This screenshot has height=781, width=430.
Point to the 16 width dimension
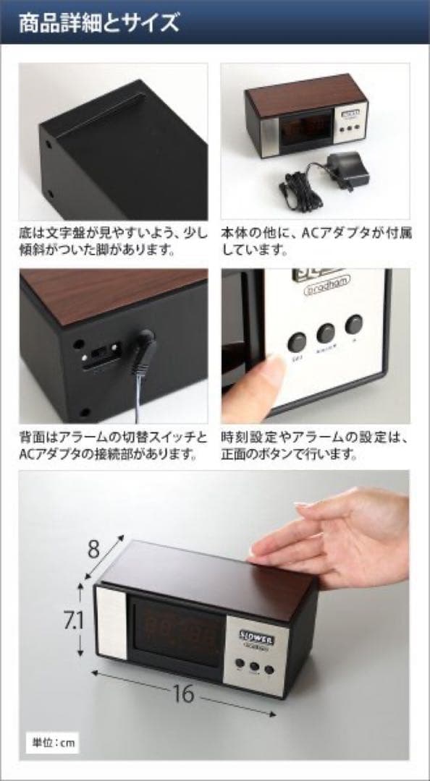(x=184, y=694)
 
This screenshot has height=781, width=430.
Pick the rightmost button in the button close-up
(x=355, y=324)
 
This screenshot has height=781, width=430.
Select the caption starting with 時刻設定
(x=316, y=447)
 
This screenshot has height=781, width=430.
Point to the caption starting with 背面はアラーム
(x=112, y=447)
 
